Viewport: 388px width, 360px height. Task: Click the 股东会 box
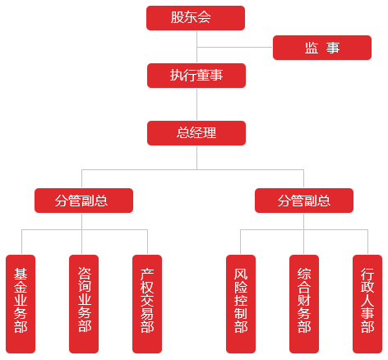[x=196, y=18]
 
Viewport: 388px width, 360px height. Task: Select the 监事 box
[x=322, y=48]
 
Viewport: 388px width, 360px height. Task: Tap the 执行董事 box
[x=196, y=76]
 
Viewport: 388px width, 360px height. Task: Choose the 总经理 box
[x=196, y=133]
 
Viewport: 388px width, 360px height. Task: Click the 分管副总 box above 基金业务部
[x=84, y=201]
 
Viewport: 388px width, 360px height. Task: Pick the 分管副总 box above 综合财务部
[x=304, y=201]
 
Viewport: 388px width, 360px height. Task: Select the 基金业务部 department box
[x=21, y=304]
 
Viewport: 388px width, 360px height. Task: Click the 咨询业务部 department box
[x=84, y=304]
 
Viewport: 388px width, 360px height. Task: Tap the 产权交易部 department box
[x=147, y=304]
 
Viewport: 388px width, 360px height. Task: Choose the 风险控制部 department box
[x=241, y=304]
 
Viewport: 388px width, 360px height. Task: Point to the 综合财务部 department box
[x=304, y=304]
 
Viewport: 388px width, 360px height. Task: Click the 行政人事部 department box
[x=367, y=304]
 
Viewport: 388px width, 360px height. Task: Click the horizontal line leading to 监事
[x=235, y=47]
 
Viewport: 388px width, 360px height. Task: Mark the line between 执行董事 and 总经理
[x=196, y=104]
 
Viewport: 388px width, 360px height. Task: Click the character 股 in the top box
[x=177, y=17]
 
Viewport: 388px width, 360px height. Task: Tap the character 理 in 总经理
[x=210, y=133]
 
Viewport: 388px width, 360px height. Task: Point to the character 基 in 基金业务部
[x=21, y=275]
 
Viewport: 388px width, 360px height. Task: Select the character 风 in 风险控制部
[x=241, y=275]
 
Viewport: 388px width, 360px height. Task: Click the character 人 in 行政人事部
[x=367, y=300]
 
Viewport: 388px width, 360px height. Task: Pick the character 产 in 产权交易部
[x=147, y=275]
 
